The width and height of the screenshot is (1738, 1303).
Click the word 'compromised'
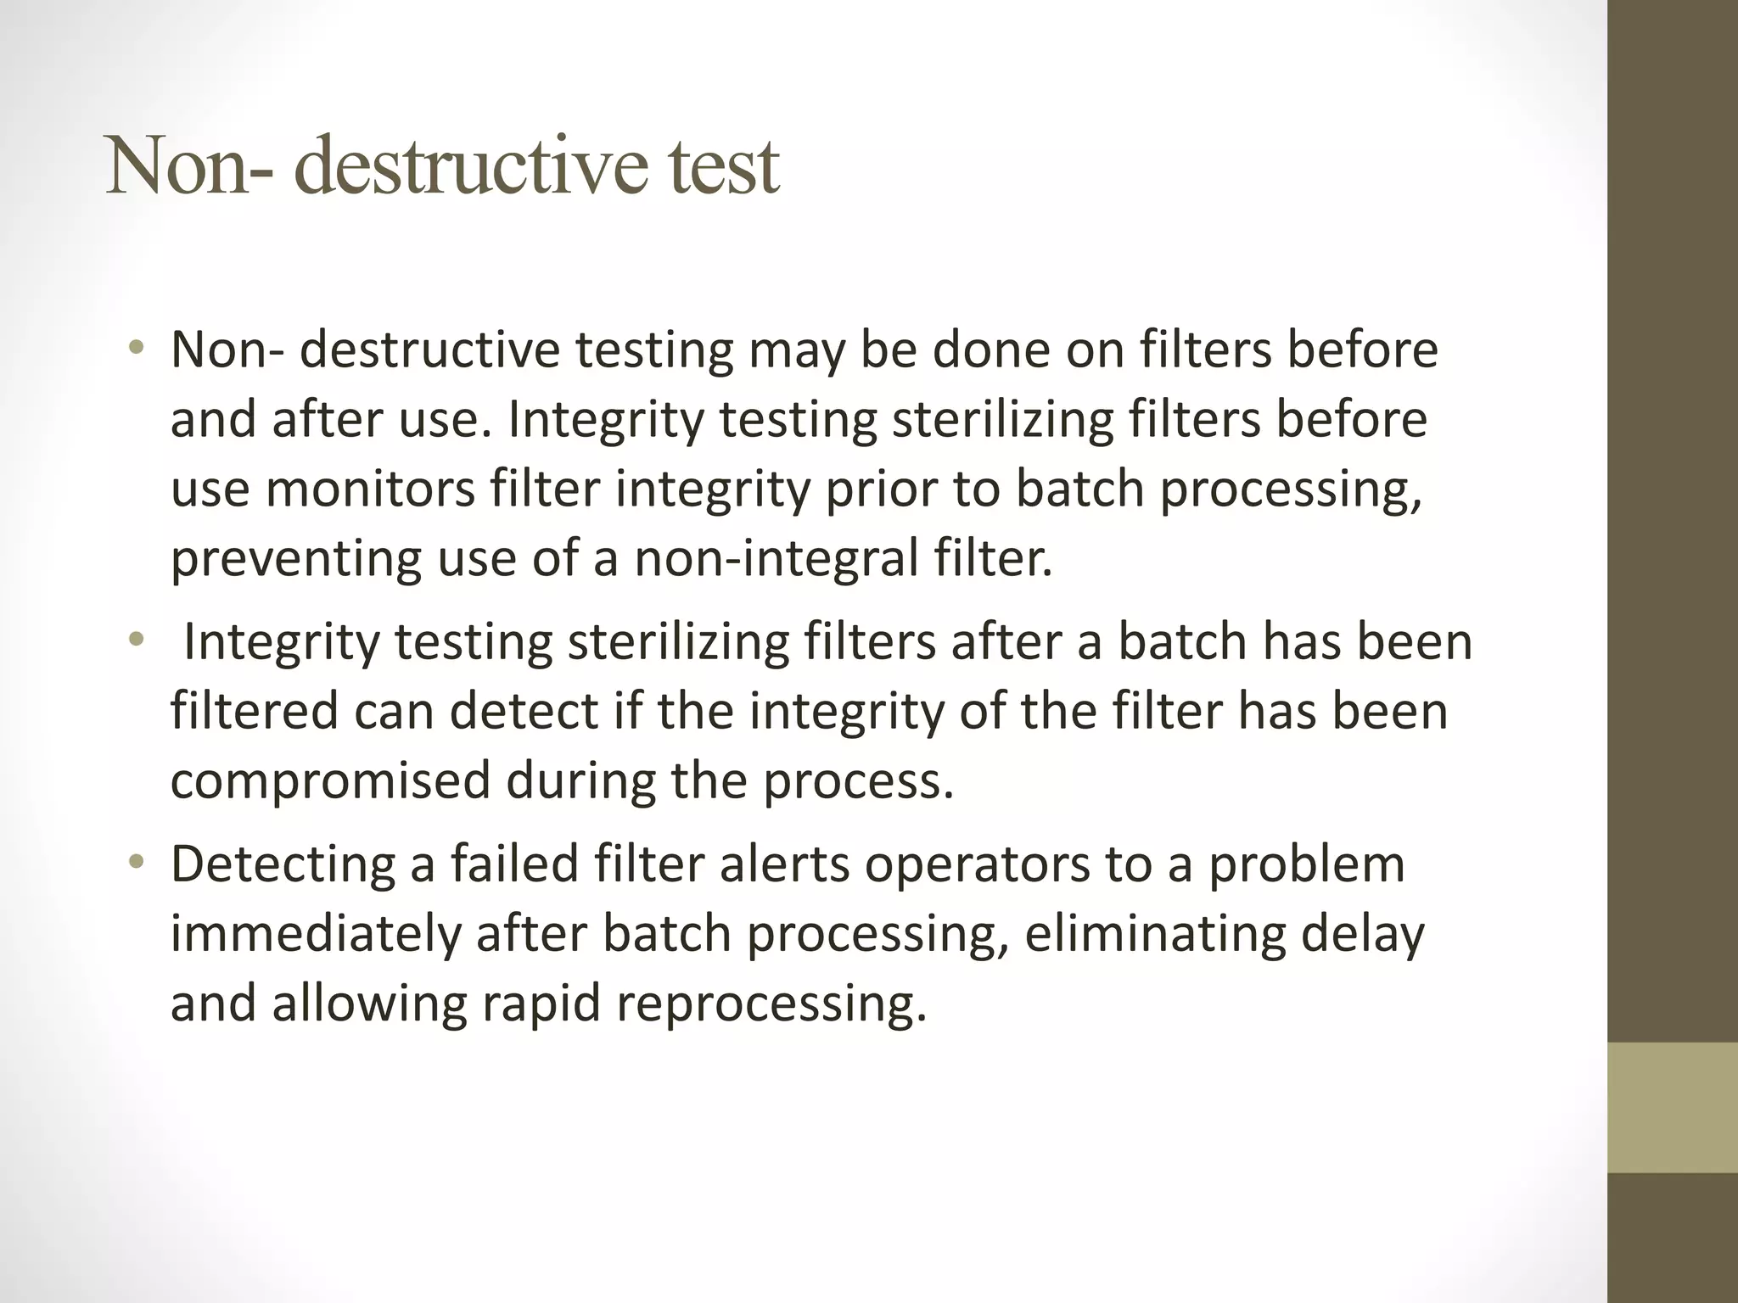[330, 780]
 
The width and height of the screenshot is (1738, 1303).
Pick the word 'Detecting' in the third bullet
[283, 864]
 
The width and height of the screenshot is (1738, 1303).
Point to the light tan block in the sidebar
[1672, 1107]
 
